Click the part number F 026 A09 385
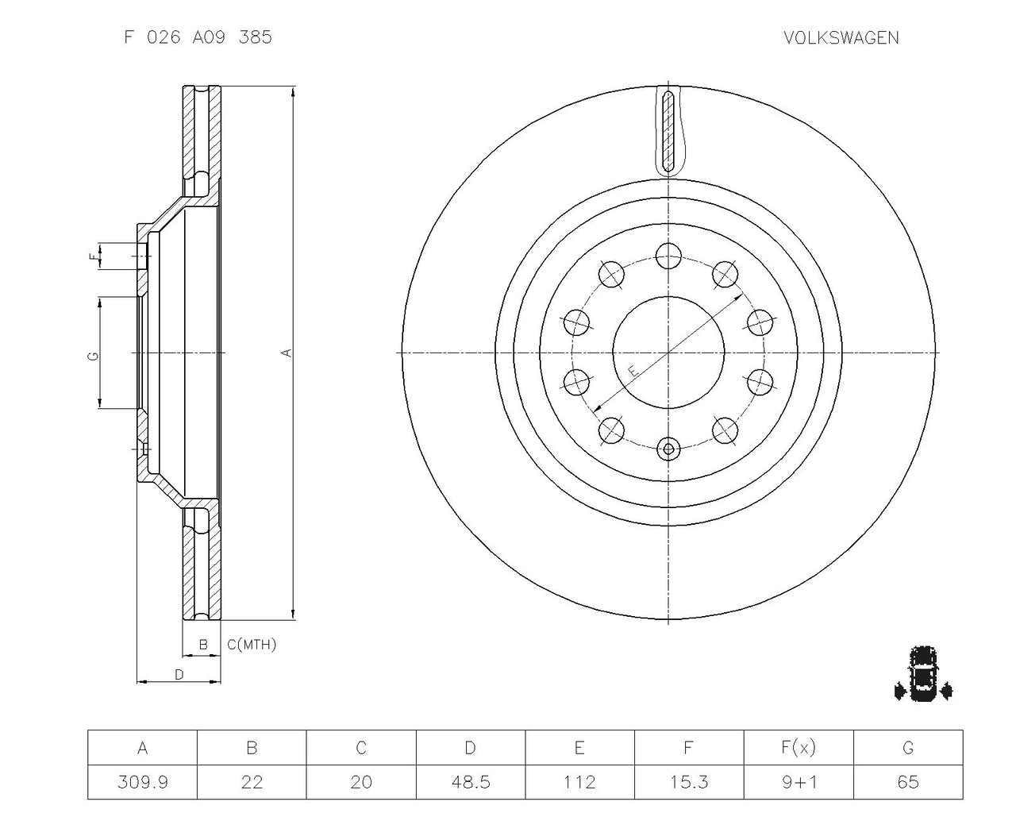[198, 37]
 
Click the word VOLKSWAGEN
[841, 38]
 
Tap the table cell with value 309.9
[143, 782]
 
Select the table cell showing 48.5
[471, 782]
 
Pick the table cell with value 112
[579, 782]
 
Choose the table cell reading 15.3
[689, 782]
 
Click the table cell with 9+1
[799, 782]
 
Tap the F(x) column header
[799, 748]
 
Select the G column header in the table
[908, 748]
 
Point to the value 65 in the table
[908, 782]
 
